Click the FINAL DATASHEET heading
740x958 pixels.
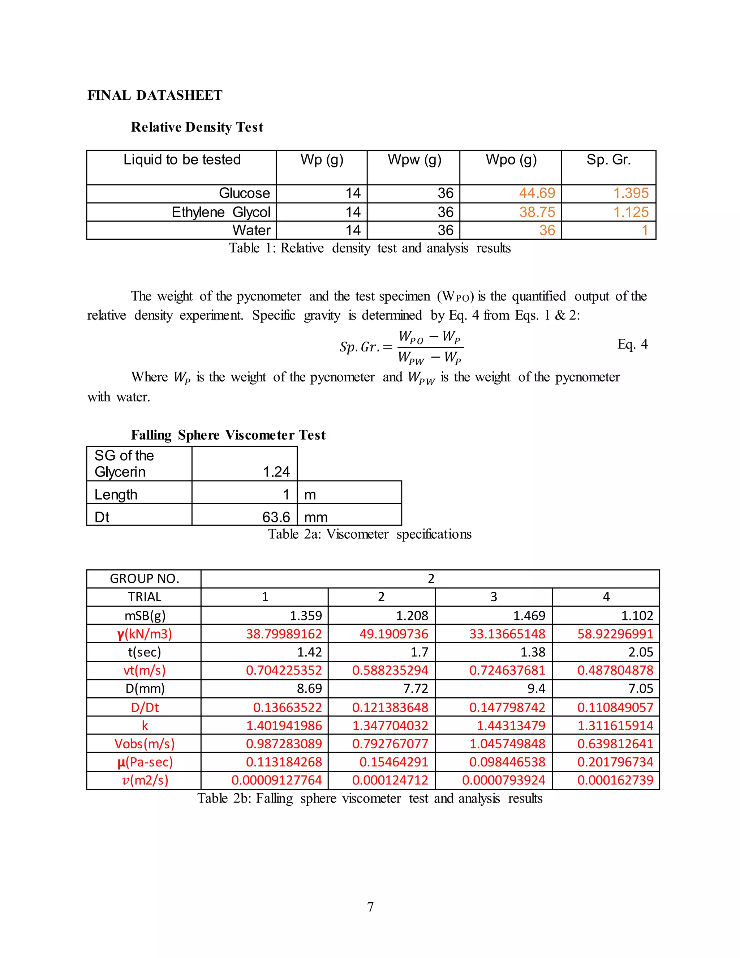click(x=155, y=95)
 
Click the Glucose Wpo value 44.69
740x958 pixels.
click(x=537, y=193)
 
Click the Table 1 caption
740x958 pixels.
click(x=370, y=248)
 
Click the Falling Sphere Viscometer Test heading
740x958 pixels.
click(x=228, y=435)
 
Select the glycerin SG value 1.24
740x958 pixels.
click(x=276, y=472)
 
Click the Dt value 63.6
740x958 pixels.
click(x=276, y=517)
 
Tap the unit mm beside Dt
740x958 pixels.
click(x=316, y=517)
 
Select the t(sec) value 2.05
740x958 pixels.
click(x=641, y=652)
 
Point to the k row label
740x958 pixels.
click(x=145, y=726)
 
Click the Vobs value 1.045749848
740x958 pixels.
click(x=507, y=744)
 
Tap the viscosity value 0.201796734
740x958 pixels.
click(x=615, y=762)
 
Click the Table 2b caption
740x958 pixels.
click(x=370, y=798)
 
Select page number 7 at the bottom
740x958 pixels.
click(x=370, y=907)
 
